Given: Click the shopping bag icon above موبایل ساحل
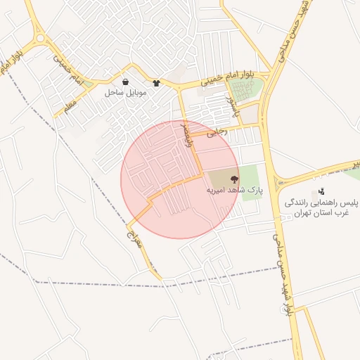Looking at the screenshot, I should [x=125, y=82].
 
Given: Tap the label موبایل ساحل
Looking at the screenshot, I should [x=125, y=93].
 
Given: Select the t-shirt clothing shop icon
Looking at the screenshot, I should [x=156, y=83].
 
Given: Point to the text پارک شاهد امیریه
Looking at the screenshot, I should [x=233, y=191].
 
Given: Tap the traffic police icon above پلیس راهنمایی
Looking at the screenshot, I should [x=321, y=191].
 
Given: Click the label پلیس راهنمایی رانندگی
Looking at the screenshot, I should [x=321, y=202].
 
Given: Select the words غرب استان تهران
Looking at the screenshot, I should [x=321, y=212].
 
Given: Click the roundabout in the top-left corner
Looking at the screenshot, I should [x=39, y=38].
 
